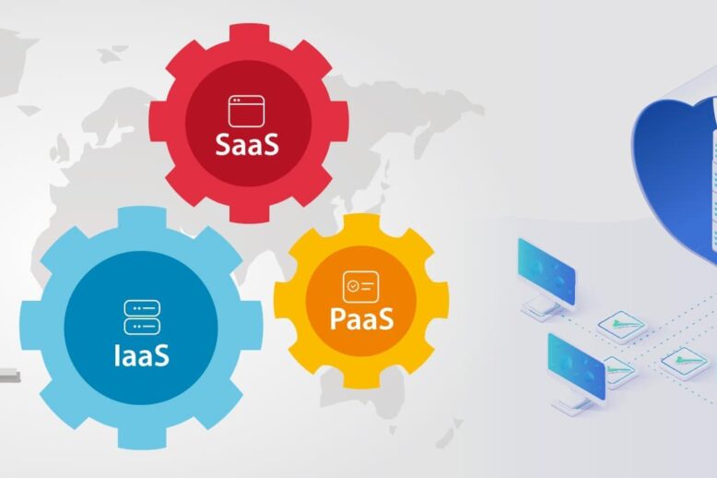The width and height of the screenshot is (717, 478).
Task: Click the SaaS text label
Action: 247,145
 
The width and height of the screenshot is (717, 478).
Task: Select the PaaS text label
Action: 362,319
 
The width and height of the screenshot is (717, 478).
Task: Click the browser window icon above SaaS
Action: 247,111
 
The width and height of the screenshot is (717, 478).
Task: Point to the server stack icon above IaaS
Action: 142,317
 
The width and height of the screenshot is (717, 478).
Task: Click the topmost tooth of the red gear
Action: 249,36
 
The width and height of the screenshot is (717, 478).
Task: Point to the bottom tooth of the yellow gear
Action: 361,378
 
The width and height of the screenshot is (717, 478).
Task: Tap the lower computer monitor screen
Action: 576,364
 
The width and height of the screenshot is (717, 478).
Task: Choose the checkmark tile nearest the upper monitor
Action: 621,324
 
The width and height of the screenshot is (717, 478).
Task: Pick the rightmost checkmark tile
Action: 684,360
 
